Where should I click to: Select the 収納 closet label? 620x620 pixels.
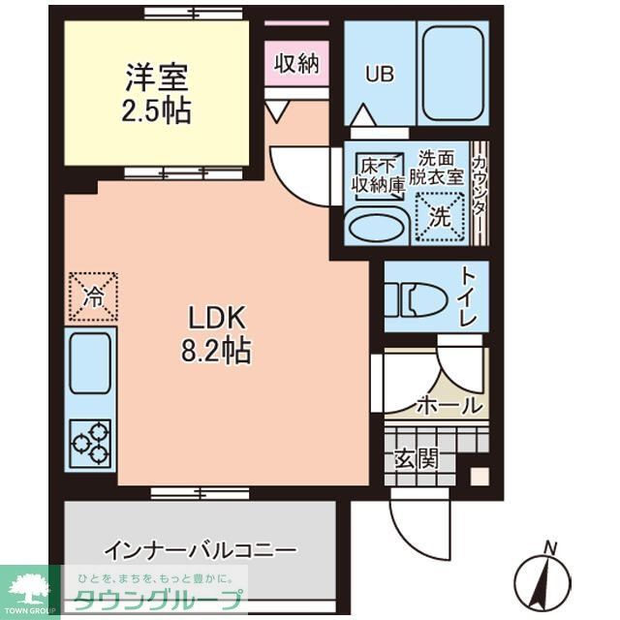point(296,65)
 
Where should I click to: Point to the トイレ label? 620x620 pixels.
point(469,297)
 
